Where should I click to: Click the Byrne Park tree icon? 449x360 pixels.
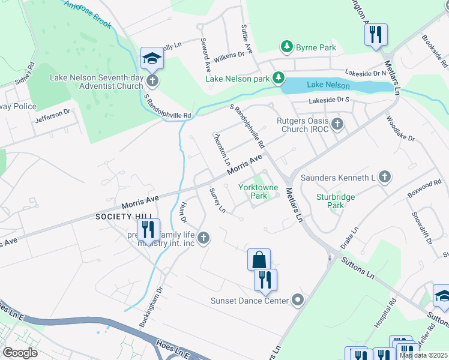point(287,47)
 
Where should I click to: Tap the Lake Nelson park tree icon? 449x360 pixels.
point(279,78)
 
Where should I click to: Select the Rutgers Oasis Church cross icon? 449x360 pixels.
point(337,124)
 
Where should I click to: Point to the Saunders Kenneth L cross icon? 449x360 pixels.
point(384,177)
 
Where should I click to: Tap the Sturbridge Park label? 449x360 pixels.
point(336,201)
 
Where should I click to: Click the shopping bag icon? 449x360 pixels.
point(259,260)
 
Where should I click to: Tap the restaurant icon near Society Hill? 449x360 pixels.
point(145,229)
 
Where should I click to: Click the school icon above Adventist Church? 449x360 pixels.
point(152,58)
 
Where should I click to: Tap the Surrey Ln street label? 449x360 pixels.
point(217,200)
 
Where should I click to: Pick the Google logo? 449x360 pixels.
point(20,353)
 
